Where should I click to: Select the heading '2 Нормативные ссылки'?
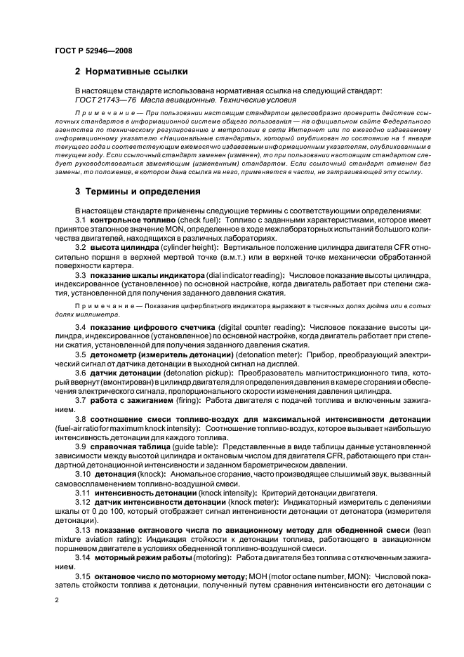[131, 72]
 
